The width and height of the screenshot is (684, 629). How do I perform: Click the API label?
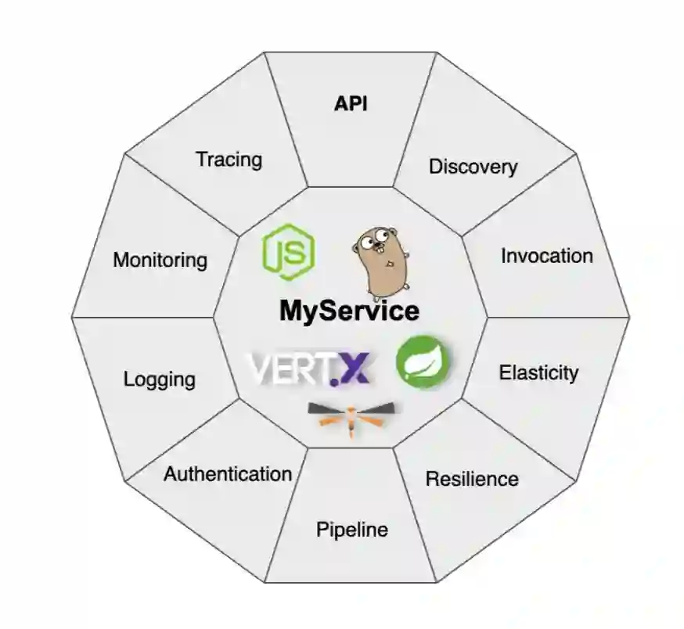point(351,105)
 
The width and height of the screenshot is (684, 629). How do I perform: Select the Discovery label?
point(473,167)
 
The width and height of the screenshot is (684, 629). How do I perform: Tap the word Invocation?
point(546,256)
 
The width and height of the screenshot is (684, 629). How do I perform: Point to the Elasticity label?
point(538,372)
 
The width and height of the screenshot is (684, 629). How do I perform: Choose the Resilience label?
point(471,478)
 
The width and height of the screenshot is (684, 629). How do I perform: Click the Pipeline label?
point(351,530)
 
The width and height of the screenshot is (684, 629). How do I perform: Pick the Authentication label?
point(227,473)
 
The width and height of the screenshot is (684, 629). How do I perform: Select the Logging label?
point(160,379)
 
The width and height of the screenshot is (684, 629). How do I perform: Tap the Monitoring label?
point(160,260)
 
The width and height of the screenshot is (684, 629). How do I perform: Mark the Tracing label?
point(229,160)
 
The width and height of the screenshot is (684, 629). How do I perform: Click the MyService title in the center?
point(349,311)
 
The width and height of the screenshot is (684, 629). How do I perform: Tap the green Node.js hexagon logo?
point(288,252)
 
